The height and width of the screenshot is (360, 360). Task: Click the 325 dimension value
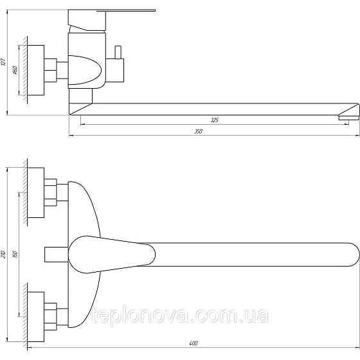(215, 120)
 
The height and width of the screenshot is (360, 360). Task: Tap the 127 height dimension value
(4, 62)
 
